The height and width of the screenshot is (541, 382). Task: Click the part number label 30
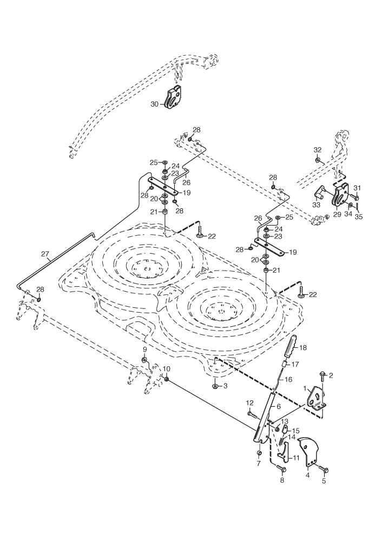pos(154,104)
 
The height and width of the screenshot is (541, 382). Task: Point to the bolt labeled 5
pos(324,469)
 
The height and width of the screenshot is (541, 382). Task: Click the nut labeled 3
pos(215,386)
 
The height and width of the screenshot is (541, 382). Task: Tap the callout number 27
pos(45,254)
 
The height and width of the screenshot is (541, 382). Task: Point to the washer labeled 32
pos(318,160)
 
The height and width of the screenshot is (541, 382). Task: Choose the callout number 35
pos(360,217)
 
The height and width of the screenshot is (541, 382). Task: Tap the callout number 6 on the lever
pos(278,406)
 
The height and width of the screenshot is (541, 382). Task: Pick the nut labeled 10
pos(166,379)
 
